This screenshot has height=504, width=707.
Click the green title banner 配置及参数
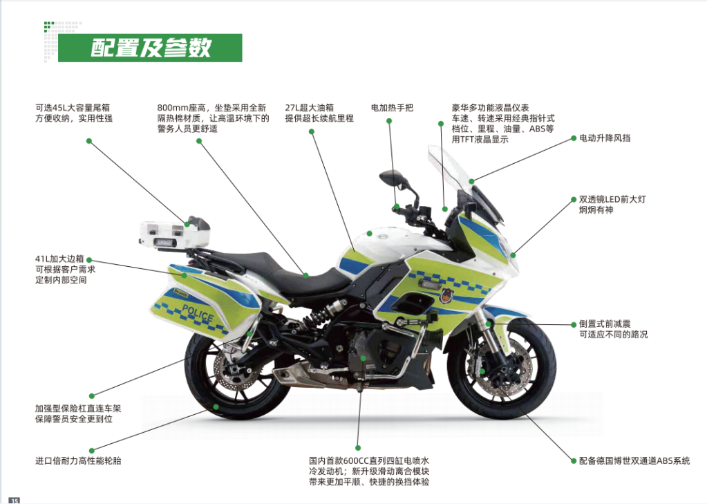coord(150,48)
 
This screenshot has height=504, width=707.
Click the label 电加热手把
coord(392,108)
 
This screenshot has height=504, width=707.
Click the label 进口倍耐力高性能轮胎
coord(78,460)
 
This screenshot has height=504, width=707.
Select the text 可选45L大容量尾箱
coord(73,108)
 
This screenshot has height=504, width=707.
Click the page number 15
coord(15,500)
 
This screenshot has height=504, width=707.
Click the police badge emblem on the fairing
coord(444,295)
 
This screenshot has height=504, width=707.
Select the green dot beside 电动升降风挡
coord(572,138)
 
